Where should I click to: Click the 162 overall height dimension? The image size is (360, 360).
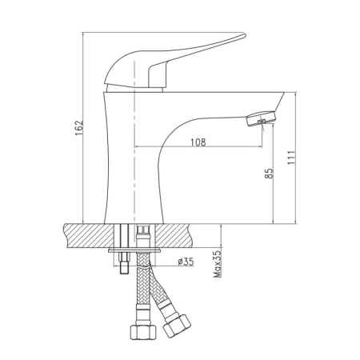pyautogui.click(x=79, y=128)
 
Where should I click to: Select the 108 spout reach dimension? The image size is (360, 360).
pyautogui.click(x=198, y=142)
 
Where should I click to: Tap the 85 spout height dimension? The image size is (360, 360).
pyautogui.click(x=270, y=174)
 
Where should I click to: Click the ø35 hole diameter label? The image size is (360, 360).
pyautogui.click(x=186, y=262)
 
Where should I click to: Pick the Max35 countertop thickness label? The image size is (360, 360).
pyautogui.click(x=218, y=264)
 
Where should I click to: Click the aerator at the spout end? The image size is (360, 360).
pyautogui.click(x=262, y=118)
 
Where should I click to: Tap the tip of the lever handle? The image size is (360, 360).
pyautogui.click(x=244, y=35)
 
